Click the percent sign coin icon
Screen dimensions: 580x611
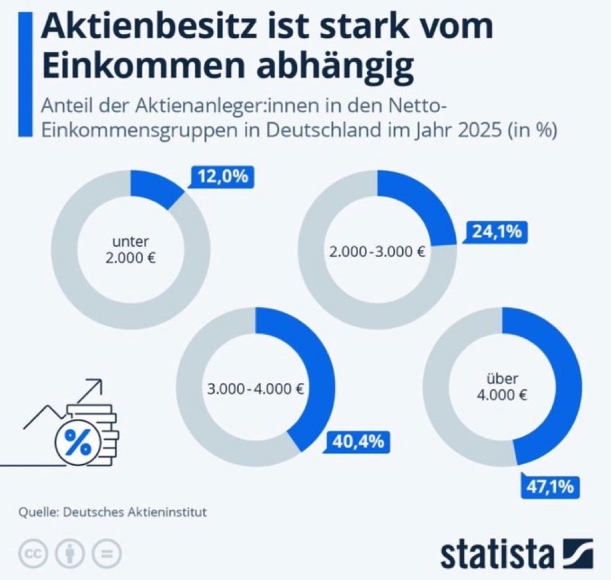pyautogui.click(x=78, y=442)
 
